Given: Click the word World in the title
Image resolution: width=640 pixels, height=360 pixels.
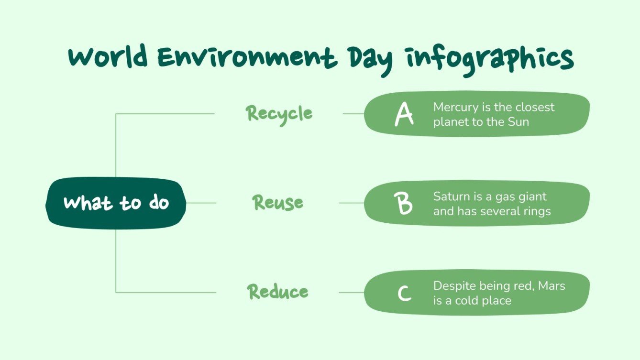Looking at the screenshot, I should point(108,58).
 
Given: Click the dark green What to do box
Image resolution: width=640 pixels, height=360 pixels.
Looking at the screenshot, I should point(116,203).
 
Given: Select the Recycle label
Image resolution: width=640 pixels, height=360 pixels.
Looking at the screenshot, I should point(279,114).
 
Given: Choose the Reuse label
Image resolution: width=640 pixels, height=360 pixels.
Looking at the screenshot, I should point(278,203).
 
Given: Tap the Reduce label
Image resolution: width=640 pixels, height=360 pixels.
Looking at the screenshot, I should point(278,292).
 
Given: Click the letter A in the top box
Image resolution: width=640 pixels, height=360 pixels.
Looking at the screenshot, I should point(404,115).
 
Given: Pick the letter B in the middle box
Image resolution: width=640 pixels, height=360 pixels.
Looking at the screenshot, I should point(405,203).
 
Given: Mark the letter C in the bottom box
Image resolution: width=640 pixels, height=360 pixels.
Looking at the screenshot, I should point(405,293).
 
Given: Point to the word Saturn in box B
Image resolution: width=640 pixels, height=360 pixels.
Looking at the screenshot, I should point(449,196).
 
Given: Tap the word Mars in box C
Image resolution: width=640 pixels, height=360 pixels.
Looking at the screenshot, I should point(552,286).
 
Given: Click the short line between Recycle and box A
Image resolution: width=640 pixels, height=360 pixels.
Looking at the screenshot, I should point(353,114).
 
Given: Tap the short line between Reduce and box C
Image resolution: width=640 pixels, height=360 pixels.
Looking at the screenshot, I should point(352,293).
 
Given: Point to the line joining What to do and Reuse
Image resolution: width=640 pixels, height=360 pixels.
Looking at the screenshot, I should point(201,203).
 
